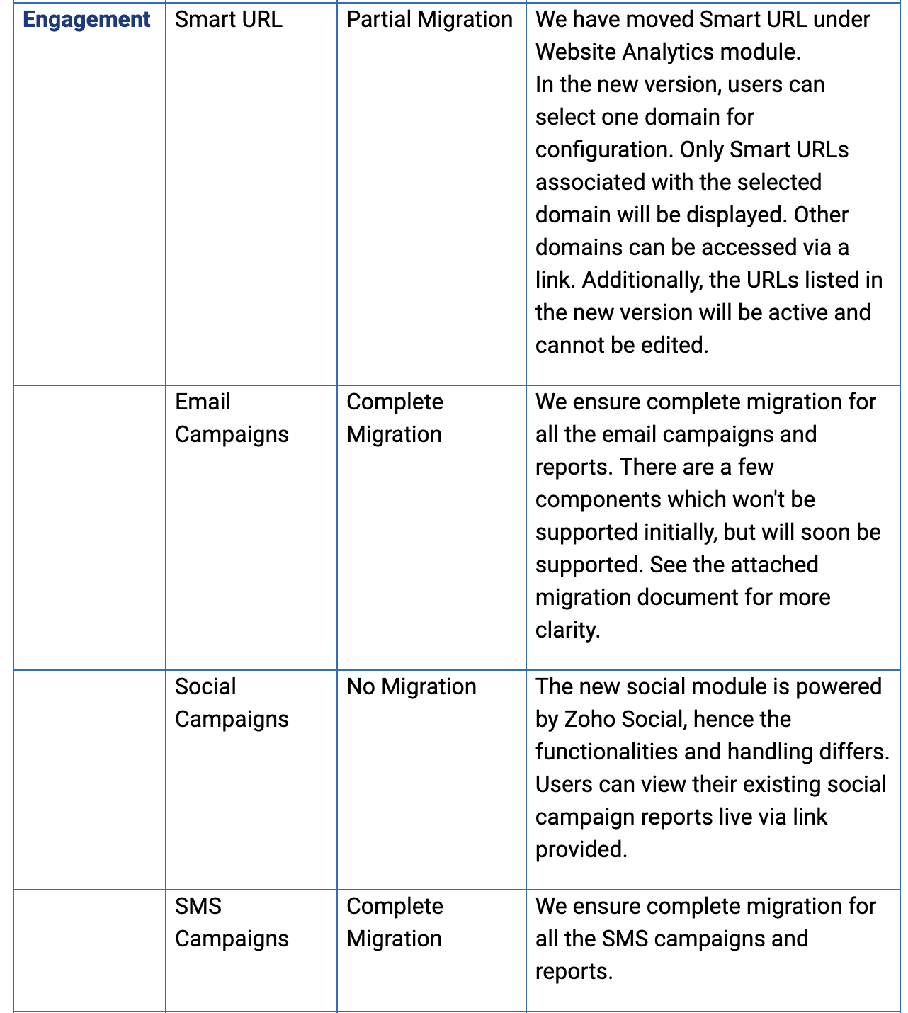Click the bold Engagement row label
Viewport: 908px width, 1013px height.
[86, 20]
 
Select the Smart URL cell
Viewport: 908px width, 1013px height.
[228, 20]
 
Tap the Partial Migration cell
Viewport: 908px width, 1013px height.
[429, 20]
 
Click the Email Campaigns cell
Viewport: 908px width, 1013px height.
[232, 418]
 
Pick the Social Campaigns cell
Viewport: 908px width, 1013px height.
[232, 703]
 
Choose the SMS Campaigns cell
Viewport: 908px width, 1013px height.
[232, 922]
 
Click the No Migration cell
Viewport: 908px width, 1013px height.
[411, 686]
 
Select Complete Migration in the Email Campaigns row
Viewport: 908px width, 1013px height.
[395, 418]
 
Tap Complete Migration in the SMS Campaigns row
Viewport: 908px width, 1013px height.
[395, 922]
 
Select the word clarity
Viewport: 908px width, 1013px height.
[567, 630]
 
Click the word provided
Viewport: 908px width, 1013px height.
[581, 849]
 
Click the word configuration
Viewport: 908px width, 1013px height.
[604, 149]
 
